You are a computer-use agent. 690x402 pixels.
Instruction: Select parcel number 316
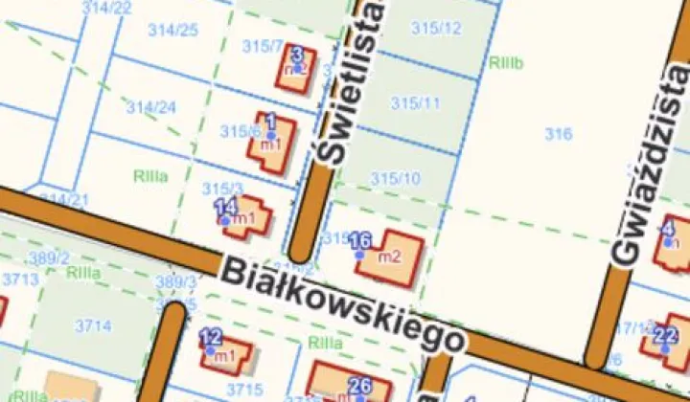(559, 134)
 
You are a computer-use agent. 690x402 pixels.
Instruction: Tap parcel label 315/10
(396, 178)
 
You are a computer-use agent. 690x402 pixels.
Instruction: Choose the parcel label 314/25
(173, 30)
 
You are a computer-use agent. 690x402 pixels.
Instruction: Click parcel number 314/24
(151, 106)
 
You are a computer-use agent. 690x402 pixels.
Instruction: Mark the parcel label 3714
(93, 326)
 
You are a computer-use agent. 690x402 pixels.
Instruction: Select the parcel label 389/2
(48, 258)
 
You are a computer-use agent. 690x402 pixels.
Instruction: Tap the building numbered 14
(244, 217)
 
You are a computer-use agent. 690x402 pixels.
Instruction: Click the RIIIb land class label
(505, 64)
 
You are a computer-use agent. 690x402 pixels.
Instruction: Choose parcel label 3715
(244, 389)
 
